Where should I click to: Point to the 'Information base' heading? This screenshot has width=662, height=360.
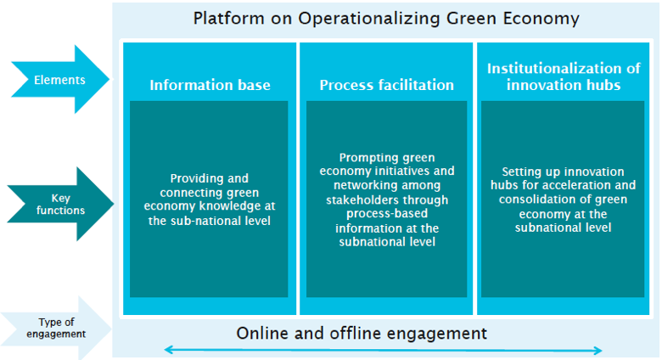210,85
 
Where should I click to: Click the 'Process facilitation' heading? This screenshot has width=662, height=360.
386,85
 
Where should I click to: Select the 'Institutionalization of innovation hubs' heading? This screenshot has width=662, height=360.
564,76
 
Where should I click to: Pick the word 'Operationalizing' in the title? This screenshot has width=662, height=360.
352,18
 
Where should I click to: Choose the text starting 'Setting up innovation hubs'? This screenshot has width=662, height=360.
564,199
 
